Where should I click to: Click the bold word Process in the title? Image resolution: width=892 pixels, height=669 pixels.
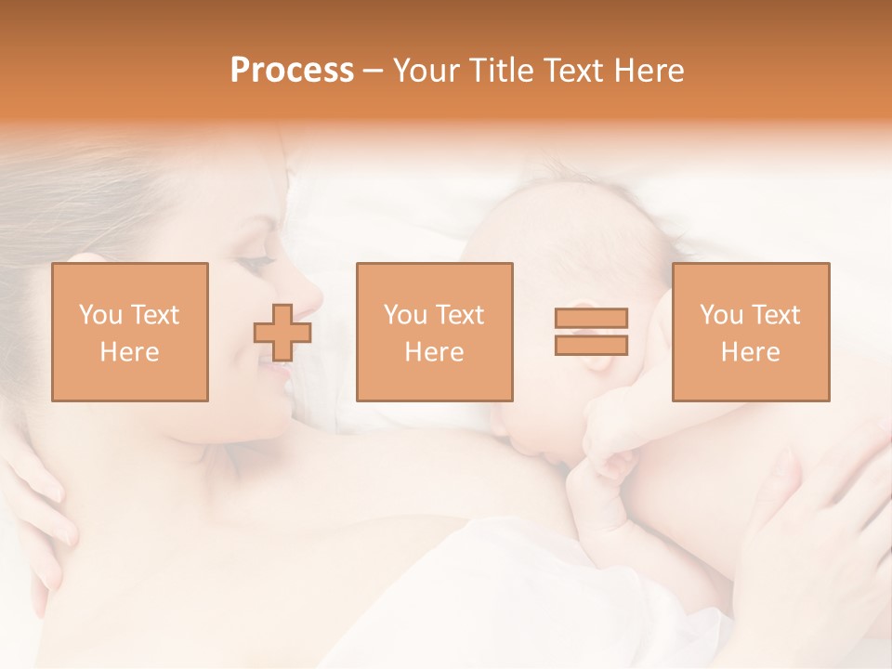click(292, 71)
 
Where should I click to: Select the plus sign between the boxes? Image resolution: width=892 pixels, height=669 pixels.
click(282, 332)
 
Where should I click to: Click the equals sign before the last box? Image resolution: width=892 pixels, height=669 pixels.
click(591, 332)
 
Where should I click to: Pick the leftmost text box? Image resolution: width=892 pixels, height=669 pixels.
click(130, 332)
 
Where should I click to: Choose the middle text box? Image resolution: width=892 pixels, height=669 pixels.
click(435, 332)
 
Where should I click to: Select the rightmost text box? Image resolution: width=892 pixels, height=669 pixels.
click(751, 332)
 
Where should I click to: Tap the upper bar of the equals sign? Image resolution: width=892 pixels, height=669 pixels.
click(591, 318)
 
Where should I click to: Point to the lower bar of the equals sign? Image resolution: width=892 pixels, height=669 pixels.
click(591, 346)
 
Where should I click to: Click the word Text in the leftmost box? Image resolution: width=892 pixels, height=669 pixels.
click(154, 315)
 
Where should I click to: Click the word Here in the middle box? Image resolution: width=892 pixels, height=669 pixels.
click(435, 352)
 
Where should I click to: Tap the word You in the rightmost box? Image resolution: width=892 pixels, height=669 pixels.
click(721, 315)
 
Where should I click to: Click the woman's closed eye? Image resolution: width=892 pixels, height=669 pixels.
click(253, 263)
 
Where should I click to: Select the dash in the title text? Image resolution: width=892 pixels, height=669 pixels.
click(373, 71)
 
